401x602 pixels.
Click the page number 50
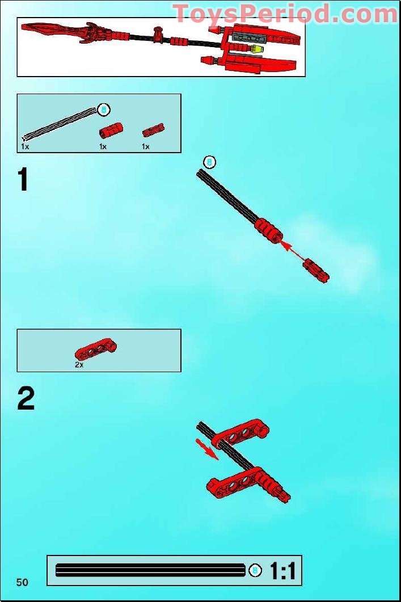tap(23, 582)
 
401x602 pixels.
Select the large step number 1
tap(23, 180)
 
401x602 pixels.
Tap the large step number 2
tap(26, 399)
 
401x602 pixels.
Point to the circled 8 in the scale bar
tap(255, 571)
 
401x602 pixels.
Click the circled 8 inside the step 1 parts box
tap(103, 110)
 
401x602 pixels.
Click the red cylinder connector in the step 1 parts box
tap(111, 130)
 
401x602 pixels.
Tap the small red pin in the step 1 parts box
tap(153, 131)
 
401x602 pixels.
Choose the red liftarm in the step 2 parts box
tap(96, 350)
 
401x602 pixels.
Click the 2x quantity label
tap(79, 365)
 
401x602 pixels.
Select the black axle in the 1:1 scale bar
tap(150, 571)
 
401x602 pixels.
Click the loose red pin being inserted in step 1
tap(316, 271)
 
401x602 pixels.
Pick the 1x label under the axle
tap(25, 147)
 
